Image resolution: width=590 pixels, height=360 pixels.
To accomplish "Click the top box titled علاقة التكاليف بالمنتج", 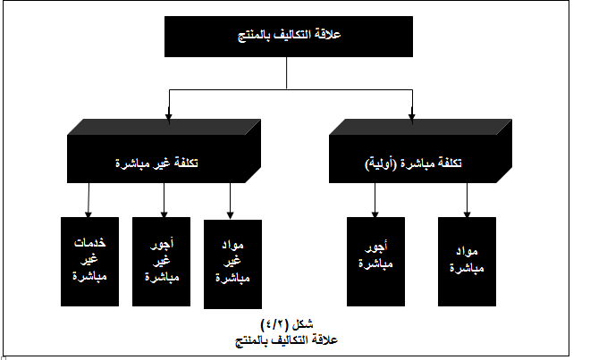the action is coord(289,37).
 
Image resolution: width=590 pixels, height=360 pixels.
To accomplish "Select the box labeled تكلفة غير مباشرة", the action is coord(164,151).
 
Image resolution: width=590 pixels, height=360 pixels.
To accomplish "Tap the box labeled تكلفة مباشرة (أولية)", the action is coord(420,151).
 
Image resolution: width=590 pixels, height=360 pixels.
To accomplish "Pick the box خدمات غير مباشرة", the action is coord(90,262).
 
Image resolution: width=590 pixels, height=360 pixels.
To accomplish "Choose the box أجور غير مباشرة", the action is coord(162,262).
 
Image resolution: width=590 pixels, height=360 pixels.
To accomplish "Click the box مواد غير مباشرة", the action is coord(233,264).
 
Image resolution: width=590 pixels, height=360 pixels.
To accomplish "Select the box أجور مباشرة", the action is coord(375,262).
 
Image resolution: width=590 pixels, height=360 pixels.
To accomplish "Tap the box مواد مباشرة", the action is coord(467,262).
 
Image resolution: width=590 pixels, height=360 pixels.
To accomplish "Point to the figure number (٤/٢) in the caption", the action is coord(274,323).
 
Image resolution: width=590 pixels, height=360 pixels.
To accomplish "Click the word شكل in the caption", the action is coord(301,323).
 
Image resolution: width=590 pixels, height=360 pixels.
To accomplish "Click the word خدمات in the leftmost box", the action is coord(90,243).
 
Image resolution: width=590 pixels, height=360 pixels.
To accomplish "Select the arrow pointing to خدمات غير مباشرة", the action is coord(88,200).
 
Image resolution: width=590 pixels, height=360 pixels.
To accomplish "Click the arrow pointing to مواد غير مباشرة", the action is coord(231,201).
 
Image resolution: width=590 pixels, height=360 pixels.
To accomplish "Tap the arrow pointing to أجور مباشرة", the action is coord(375,200).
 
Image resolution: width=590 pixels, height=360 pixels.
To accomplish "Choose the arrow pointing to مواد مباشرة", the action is coord(467,200).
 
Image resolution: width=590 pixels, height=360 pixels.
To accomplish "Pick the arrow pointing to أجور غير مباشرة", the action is coord(164,200).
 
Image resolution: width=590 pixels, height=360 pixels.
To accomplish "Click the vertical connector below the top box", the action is coord(287,73).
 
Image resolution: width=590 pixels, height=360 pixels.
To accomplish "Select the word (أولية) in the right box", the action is coord(381,163).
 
